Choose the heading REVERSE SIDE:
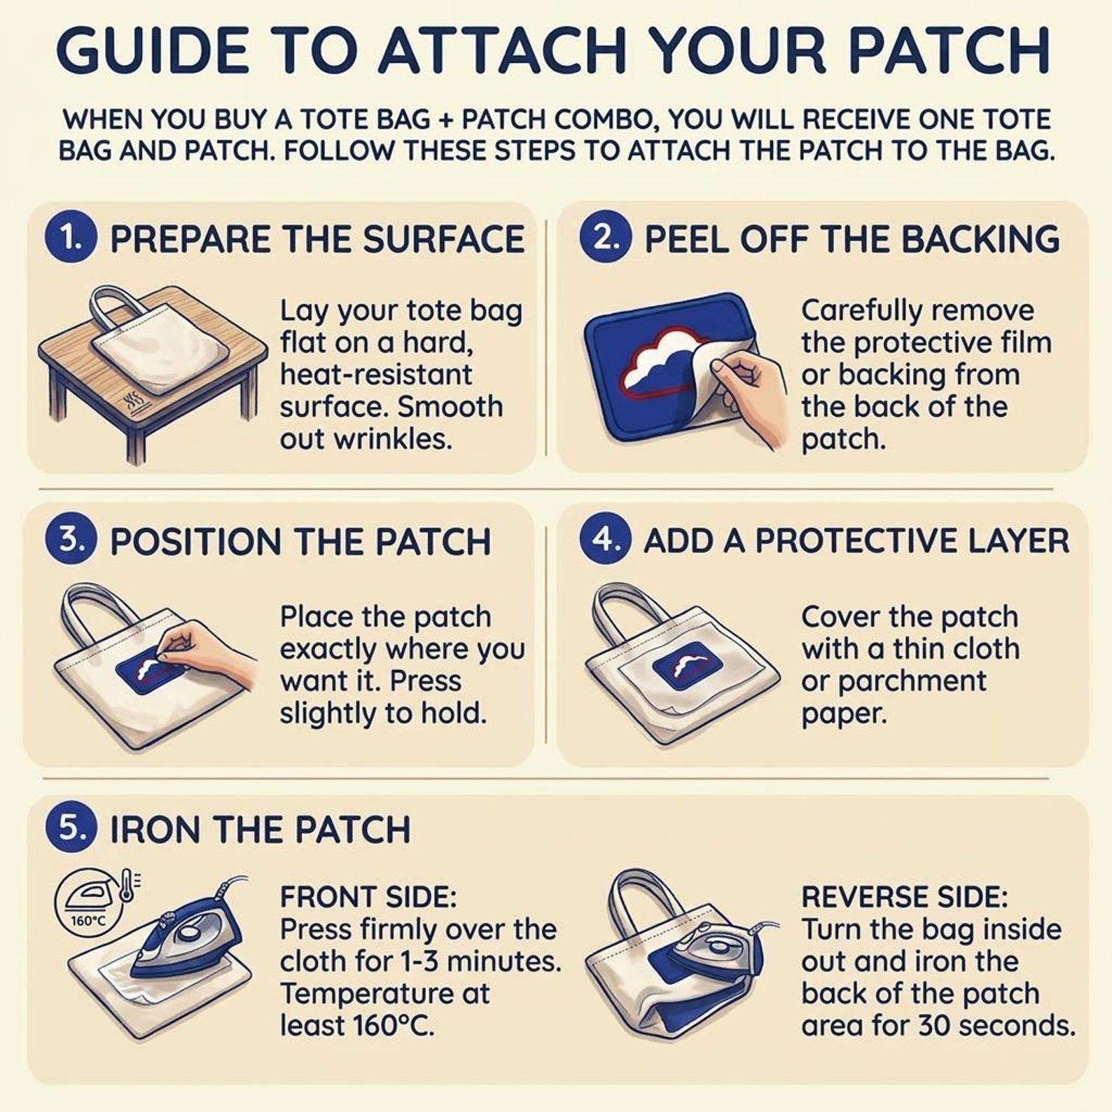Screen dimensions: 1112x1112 click(x=904, y=897)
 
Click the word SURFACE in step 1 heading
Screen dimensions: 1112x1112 click(x=444, y=239)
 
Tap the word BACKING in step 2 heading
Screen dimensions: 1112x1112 click(x=980, y=239)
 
